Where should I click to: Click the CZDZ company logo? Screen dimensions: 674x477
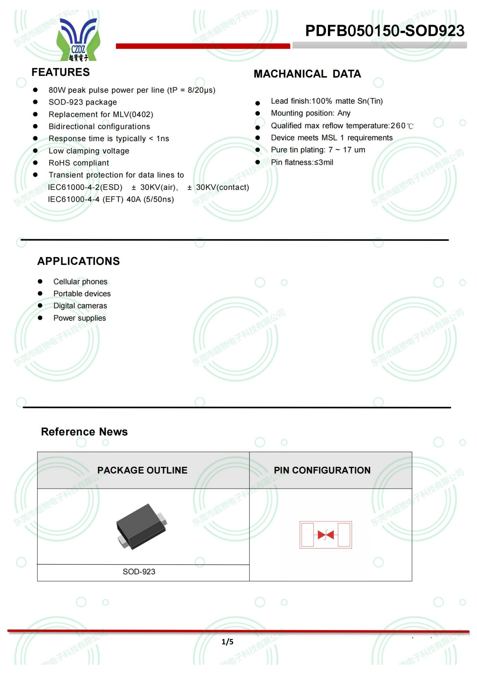(x=78, y=40)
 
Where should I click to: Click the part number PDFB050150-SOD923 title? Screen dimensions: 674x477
(x=384, y=31)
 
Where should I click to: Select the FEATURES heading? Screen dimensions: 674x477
(x=61, y=72)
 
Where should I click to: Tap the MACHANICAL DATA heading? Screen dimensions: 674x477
(x=307, y=74)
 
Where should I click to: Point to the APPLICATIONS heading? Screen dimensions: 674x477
(x=78, y=261)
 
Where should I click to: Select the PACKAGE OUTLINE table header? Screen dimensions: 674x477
(x=142, y=470)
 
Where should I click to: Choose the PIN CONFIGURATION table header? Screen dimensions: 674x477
(x=322, y=470)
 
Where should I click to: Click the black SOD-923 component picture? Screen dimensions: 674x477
(x=142, y=527)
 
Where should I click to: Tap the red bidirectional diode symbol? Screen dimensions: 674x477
(x=325, y=535)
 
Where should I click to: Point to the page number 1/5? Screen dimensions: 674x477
(x=227, y=642)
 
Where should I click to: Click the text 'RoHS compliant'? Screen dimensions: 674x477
(x=79, y=163)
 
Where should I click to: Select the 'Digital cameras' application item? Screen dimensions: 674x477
(x=80, y=306)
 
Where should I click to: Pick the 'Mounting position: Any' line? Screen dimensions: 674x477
(x=311, y=113)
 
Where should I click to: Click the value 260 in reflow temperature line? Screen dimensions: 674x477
(x=398, y=126)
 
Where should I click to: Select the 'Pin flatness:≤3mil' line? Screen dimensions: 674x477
(x=302, y=162)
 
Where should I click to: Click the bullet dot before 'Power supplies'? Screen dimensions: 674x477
(x=40, y=318)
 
